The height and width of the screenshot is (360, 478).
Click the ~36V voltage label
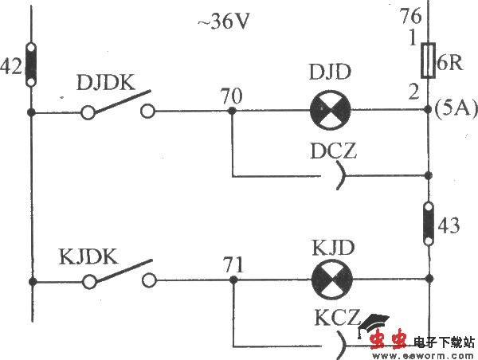click(224, 22)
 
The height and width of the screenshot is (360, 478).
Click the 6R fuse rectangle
click(429, 61)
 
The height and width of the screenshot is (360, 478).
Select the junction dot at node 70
click(232, 112)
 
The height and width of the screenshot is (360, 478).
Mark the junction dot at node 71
click(232, 280)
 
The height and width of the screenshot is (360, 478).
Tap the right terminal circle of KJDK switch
click(148, 280)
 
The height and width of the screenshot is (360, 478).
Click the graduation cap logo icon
click(374, 327)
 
